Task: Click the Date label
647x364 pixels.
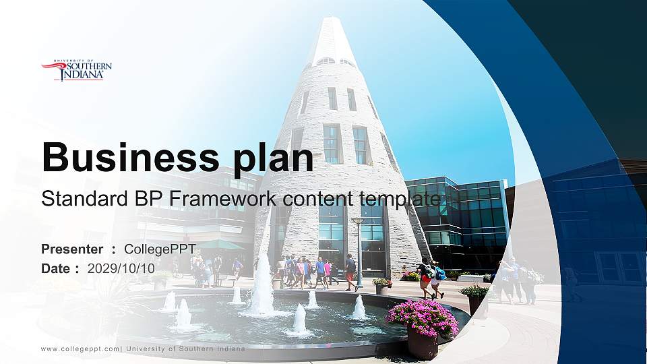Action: point(56,269)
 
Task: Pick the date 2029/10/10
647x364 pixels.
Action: point(121,269)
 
